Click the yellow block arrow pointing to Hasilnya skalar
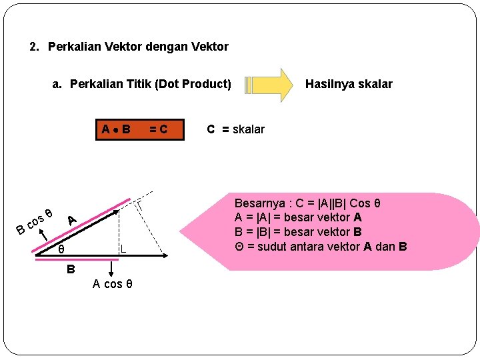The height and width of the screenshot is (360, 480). pyautogui.click(x=269, y=85)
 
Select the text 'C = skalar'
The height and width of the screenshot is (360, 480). pyautogui.click(x=235, y=129)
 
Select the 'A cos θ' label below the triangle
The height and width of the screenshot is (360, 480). pyautogui.click(x=113, y=284)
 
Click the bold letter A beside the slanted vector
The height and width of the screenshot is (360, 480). pyautogui.click(x=72, y=219)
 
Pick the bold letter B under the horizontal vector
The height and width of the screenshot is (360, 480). pyautogui.click(x=70, y=270)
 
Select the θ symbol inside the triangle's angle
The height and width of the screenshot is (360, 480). pyautogui.click(x=61, y=250)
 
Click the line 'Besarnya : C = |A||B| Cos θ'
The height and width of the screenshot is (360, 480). pyautogui.click(x=307, y=203)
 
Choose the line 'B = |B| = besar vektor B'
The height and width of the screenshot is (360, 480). pyautogui.click(x=298, y=232)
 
